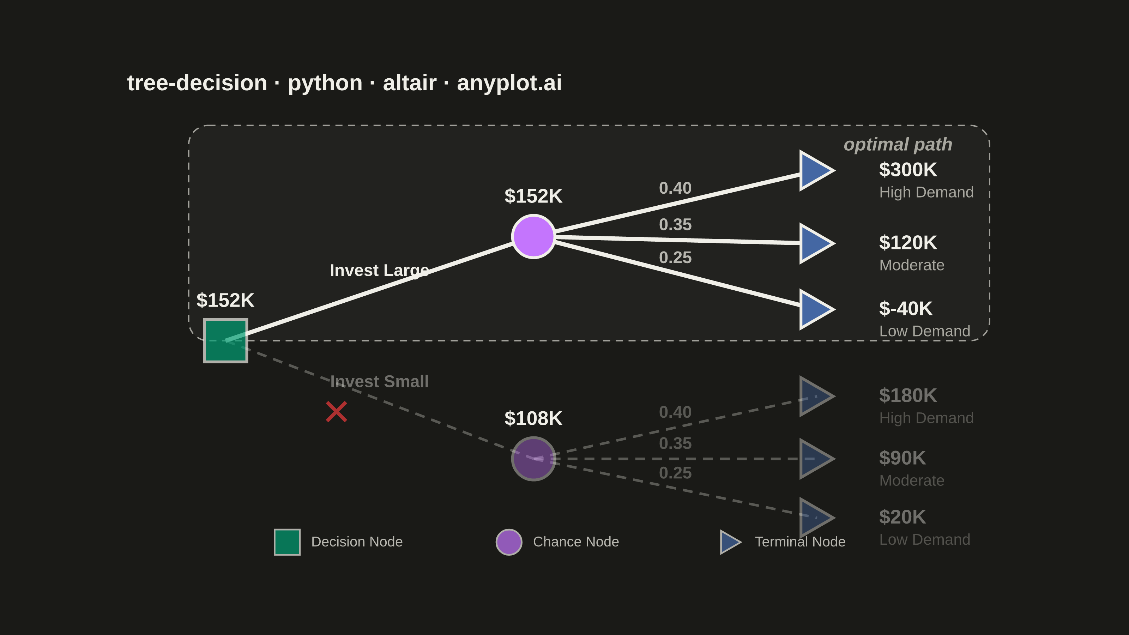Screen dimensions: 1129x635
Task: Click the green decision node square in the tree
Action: (x=225, y=340)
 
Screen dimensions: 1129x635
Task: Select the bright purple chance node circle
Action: (x=533, y=237)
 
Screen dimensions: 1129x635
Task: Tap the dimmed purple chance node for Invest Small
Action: (x=533, y=459)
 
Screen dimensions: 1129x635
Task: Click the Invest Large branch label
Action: (x=379, y=270)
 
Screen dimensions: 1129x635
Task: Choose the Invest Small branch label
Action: (x=379, y=381)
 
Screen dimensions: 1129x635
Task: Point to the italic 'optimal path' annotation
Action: (x=898, y=145)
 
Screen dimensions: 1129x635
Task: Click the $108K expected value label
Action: (x=533, y=418)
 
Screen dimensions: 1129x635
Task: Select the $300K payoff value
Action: (x=908, y=170)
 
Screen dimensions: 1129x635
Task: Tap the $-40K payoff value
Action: (x=905, y=309)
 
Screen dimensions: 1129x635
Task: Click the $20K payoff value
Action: (x=902, y=517)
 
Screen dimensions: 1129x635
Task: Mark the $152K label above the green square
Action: (x=225, y=300)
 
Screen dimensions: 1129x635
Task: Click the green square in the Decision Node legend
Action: (x=287, y=542)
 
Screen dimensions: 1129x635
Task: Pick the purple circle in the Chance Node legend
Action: (x=509, y=542)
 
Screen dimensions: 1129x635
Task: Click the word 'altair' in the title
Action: (x=410, y=83)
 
